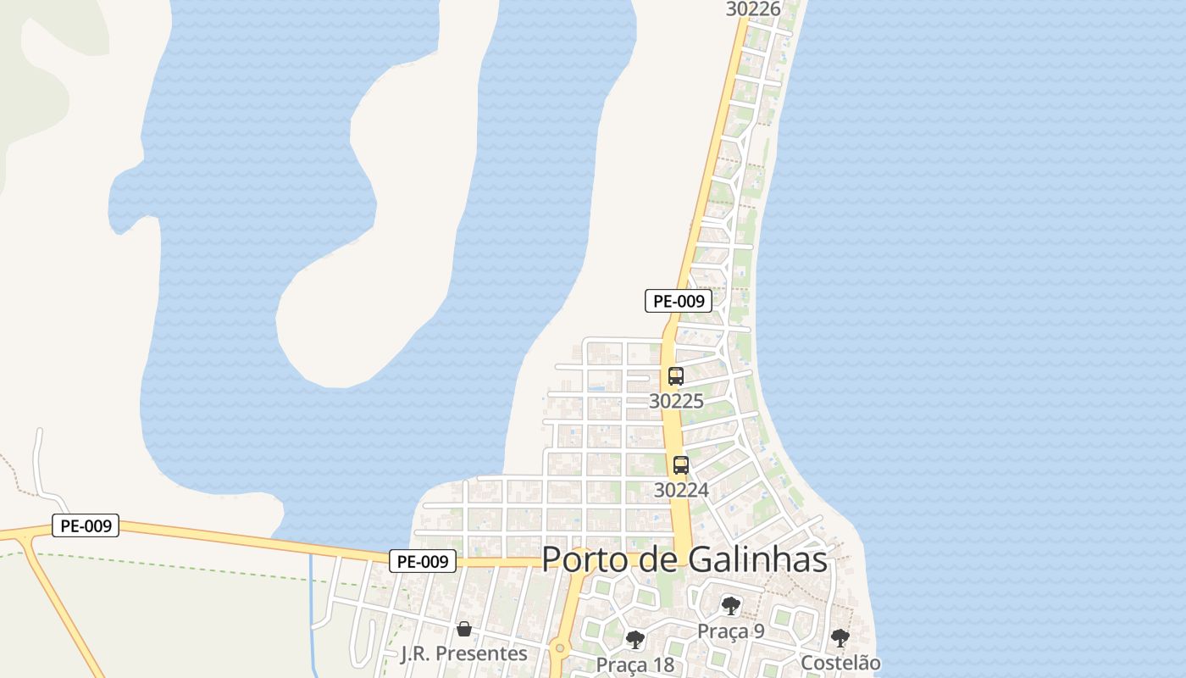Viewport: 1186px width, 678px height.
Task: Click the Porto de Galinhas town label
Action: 684,559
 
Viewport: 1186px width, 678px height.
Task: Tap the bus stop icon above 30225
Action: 676,376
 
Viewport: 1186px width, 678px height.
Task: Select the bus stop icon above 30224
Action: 681,464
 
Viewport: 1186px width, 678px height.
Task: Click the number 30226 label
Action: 753,9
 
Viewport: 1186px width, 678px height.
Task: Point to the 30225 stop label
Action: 676,401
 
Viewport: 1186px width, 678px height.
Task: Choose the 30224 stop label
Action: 681,490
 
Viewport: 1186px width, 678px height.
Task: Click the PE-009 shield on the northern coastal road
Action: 679,300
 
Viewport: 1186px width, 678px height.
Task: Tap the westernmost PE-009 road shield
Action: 86,525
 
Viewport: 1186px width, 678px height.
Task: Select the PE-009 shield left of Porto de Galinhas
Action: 423,560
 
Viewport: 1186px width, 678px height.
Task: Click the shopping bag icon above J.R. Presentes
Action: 464,629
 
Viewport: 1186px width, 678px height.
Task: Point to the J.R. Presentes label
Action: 463,653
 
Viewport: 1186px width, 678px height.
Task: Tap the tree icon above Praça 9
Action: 730,606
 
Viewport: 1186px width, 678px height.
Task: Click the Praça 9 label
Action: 730,631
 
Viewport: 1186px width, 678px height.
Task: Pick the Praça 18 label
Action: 635,664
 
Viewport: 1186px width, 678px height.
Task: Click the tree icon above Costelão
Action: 840,638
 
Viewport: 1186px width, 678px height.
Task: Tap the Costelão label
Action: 840,663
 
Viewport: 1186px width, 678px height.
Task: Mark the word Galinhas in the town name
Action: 757,559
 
